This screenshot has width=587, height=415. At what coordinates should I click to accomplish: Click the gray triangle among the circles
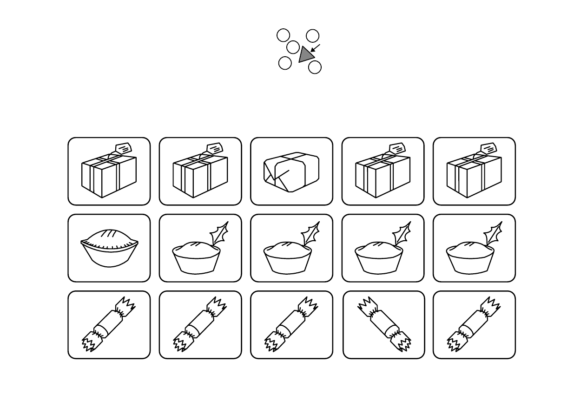[305, 55]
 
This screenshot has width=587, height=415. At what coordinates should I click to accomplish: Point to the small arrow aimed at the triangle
[315, 48]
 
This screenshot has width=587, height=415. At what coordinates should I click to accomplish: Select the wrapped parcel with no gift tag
[291, 172]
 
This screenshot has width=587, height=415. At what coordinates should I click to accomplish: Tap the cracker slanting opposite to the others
[384, 324]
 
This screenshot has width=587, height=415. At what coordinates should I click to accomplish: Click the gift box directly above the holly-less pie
[109, 175]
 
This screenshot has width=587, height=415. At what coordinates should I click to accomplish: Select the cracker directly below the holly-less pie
[109, 324]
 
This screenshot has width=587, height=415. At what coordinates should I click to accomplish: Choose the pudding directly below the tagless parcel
[287, 257]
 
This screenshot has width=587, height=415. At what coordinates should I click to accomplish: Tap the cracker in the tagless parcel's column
[291, 324]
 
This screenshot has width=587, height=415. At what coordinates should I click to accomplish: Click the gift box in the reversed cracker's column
[383, 175]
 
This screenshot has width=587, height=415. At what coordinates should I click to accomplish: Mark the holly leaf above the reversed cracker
[402, 234]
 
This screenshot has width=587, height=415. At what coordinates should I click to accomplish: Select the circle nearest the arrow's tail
[313, 36]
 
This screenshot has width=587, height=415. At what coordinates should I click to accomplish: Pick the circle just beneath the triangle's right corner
[315, 67]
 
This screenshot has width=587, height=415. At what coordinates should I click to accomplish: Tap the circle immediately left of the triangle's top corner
[293, 47]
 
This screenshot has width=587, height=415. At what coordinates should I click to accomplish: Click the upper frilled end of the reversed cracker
[368, 306]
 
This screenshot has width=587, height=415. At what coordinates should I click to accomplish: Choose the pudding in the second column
[196, 257]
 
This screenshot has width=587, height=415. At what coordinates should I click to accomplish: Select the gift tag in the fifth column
[488, 149]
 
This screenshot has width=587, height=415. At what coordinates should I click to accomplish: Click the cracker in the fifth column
[474, 324]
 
